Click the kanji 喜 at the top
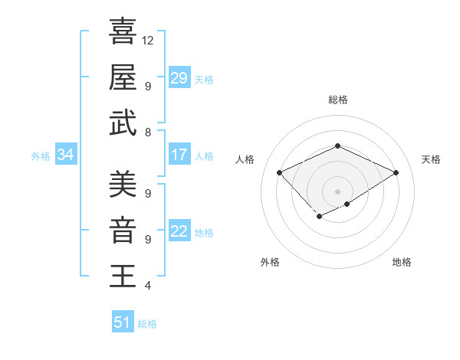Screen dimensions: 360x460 [123, 31]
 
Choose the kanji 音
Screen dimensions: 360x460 [123, 230]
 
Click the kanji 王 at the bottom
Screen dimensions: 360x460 [123, 276]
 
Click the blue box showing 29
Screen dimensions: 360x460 [179, 78]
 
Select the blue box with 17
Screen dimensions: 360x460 [179, 155]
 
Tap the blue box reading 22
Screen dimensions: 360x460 [179, 231]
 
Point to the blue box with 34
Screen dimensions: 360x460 [65, 155]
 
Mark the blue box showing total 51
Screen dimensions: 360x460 [123, 322]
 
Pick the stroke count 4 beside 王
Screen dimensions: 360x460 [147, 286]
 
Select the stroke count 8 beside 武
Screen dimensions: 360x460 [147, 133]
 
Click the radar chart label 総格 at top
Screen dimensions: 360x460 [337, 100]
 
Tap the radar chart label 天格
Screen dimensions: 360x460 [431, 159]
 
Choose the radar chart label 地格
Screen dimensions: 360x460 [402, 262]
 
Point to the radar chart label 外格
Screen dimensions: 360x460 [270, 262]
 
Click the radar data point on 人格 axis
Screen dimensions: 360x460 [280, 173]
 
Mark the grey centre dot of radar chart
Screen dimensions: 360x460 [337, 191]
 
